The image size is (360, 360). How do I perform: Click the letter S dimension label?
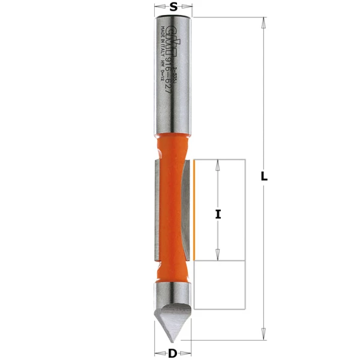173,7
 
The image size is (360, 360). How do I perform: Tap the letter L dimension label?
264,176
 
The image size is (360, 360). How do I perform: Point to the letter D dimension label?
173,353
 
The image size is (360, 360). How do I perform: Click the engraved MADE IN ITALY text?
162,44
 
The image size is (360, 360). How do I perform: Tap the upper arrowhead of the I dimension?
218,164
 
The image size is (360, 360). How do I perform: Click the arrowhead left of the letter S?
158,7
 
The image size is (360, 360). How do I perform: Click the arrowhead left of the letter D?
158,353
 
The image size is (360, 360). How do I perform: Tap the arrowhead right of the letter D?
188,353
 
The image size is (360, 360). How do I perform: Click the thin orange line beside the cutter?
194,210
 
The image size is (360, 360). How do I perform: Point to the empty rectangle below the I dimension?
220,285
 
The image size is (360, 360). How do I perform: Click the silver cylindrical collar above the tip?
173,292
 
